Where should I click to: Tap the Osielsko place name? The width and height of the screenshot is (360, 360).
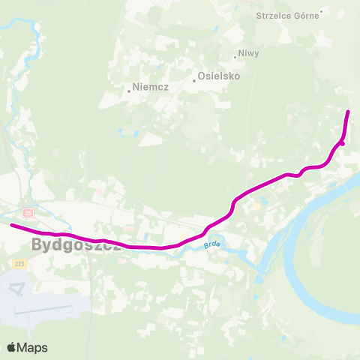[x=218, y=76]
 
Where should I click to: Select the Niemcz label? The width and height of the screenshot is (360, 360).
[x=151, y=87]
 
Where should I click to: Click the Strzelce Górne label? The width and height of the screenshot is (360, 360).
[x=287, y=16]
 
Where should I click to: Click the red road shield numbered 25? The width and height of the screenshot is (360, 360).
[x=28, y=213]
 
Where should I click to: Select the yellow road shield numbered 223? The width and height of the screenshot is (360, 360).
[x=19, y=264]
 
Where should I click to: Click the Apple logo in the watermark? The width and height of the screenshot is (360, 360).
[x=12, y=347]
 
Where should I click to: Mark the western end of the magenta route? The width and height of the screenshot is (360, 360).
[x=12, y=224]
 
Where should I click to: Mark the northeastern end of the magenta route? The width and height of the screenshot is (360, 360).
[x=348, y=112]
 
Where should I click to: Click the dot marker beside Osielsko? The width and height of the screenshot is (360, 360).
[x=193, y=81]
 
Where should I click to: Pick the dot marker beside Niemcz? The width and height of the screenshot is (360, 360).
[x=129, y=91]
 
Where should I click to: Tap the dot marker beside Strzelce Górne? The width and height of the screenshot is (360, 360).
[x=321, y=11]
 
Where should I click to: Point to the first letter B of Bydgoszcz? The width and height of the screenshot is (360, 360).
[x=38, y=244]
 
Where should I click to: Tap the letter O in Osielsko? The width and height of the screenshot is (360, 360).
[x=202, y=76]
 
